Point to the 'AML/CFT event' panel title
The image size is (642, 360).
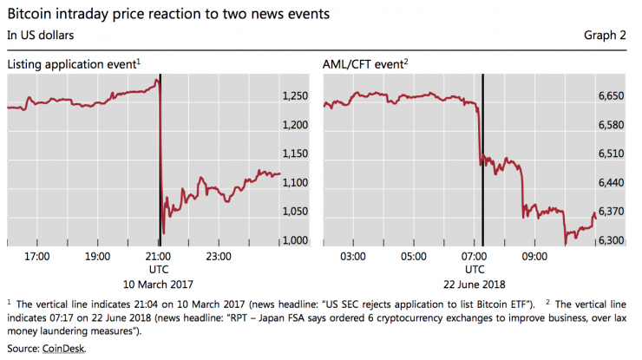point(365,65)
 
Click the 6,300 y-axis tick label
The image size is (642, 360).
point(612,240)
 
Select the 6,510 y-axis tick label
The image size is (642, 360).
point(612,154)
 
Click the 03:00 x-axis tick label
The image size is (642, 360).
point(353,257)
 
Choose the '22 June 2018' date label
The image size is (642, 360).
point(475,285)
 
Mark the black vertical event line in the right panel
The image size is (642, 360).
point(482,173)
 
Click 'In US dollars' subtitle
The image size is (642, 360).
point(41,35)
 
